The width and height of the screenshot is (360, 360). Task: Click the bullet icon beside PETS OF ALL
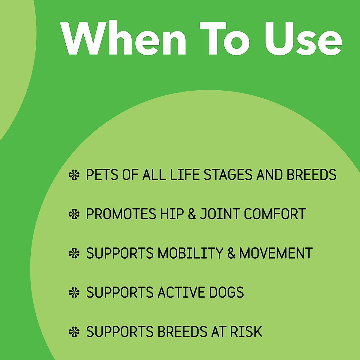click(x=74, y=175)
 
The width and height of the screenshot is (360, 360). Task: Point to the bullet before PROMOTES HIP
click(x=74, y=214)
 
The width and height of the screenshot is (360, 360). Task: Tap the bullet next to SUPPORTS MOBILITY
click(x=74, y=253)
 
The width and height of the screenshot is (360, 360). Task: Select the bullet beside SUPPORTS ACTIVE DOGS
click(x=74, y=292)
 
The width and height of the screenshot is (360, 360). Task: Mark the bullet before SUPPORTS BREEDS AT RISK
click(x=74, y=332)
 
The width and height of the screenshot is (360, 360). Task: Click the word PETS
click(x=102, y=175)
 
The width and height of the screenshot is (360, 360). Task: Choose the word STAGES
click(x=228, y=175)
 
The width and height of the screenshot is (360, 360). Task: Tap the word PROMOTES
click(x=121, y=214)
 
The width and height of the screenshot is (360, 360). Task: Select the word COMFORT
click(x=275, y=214)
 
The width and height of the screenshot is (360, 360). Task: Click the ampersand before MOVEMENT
click(x=231, y=253)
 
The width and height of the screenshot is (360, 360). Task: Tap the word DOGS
click(x=226, y=292)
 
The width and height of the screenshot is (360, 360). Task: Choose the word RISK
click(x=246, y=332)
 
